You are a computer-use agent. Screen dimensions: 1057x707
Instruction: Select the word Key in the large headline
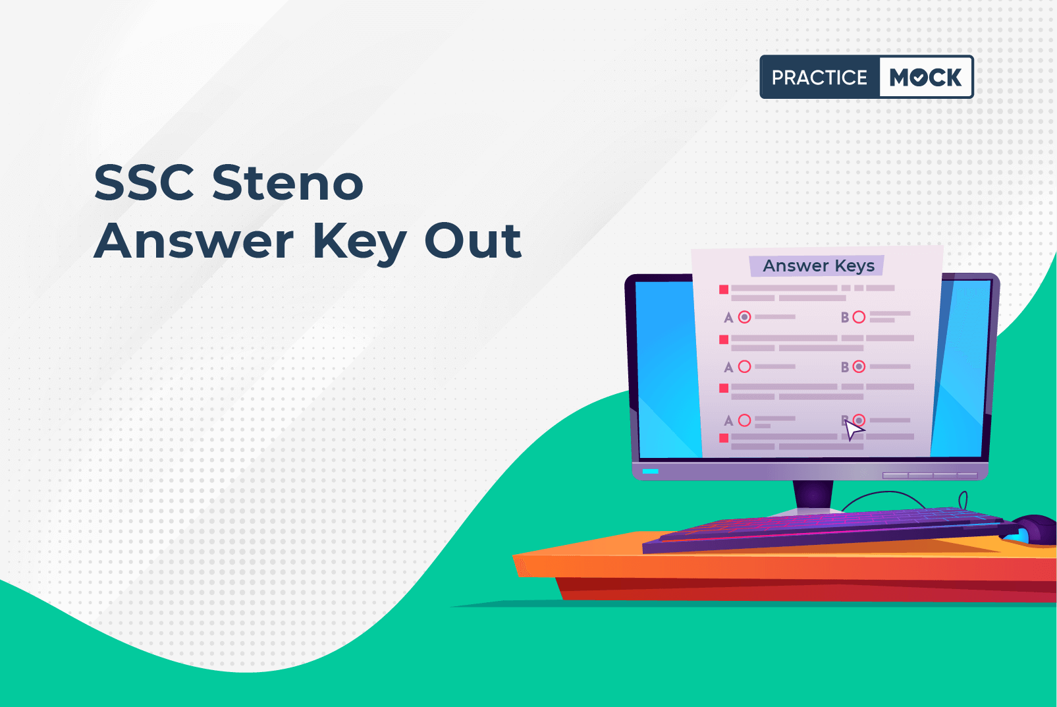[359, 243]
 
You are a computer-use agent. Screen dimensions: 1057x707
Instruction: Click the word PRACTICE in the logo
[819, 77]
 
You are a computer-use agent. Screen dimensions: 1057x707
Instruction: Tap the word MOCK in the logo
[925, 77]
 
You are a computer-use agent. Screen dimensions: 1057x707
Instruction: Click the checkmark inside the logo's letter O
[919, 78]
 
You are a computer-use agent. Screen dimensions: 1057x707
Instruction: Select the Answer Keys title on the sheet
[819, 266]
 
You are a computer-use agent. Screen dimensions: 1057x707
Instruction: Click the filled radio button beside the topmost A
[745, 317]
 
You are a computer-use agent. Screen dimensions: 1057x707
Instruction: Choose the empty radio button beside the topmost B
[859, 317]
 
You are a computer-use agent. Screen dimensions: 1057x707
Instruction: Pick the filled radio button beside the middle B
[859, 366]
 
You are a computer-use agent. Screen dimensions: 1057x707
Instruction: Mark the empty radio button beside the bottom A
[745, 420]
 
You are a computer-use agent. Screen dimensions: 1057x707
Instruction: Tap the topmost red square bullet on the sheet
[724, 289]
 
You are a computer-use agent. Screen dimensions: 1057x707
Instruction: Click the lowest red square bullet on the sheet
[724, 438]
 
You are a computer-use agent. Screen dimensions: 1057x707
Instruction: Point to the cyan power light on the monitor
[650, 471]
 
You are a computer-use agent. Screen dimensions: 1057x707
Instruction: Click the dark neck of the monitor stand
[813, 495]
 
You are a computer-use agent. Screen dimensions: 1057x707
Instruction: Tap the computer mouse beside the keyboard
[1033, 530]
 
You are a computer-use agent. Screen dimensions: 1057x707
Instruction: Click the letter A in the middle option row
[728, 367]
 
